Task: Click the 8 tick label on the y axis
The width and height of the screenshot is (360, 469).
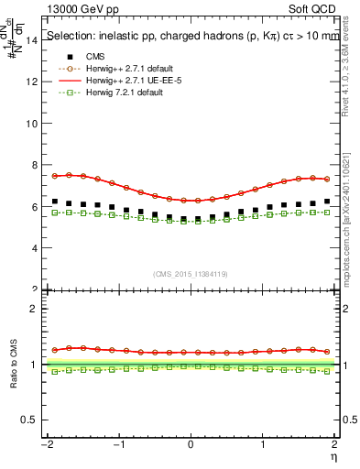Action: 32,165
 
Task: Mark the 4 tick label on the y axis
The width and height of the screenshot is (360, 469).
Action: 32,248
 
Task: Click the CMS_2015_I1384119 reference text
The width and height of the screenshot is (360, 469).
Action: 191,274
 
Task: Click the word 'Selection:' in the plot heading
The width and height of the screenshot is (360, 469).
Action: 72,37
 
